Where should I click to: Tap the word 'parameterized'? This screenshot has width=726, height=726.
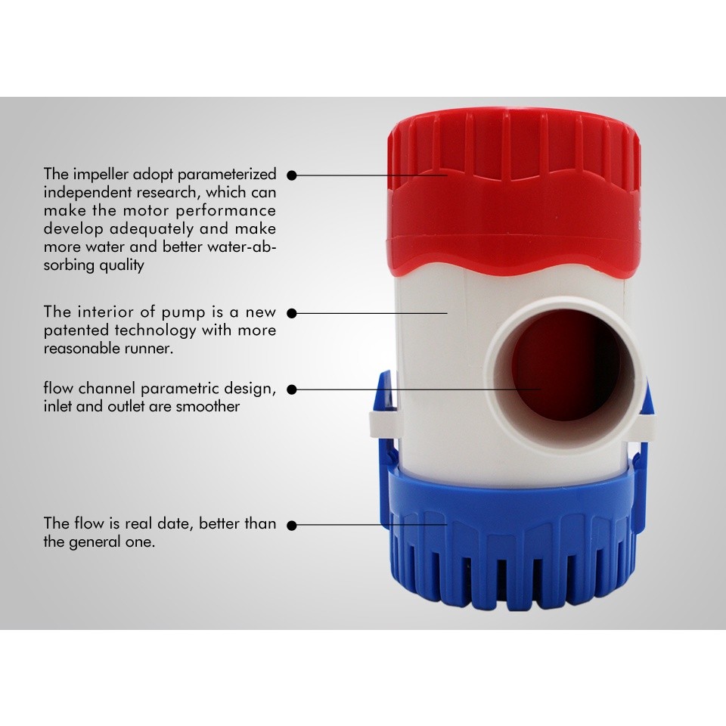227,175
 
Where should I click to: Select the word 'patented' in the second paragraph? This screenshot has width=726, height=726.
77,330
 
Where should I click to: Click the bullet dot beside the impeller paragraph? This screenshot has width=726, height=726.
292,175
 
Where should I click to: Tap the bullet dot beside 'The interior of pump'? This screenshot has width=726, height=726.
292,314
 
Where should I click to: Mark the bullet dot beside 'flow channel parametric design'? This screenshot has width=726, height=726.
292,390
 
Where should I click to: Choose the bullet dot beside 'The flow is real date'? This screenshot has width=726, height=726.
292,526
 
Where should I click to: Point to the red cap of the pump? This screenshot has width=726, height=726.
514,194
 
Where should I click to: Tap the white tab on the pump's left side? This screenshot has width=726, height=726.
385,423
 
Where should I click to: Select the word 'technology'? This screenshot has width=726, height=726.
156,330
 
